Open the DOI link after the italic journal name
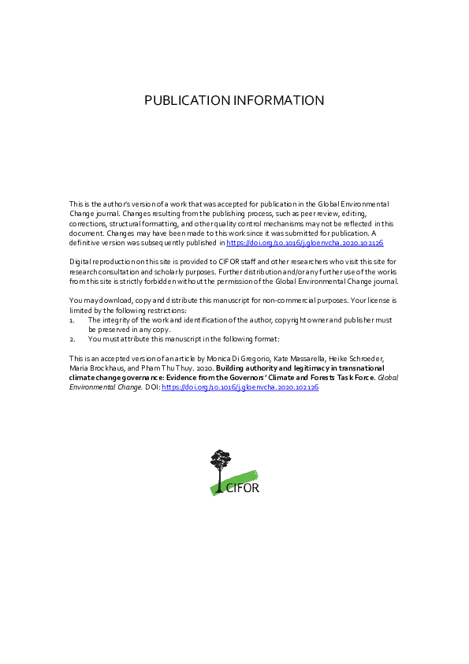click(x=240, y=389)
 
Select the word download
click(x=114, y=301)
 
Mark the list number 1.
click(x=71, y=320)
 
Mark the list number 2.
click(x=71, y=339)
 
